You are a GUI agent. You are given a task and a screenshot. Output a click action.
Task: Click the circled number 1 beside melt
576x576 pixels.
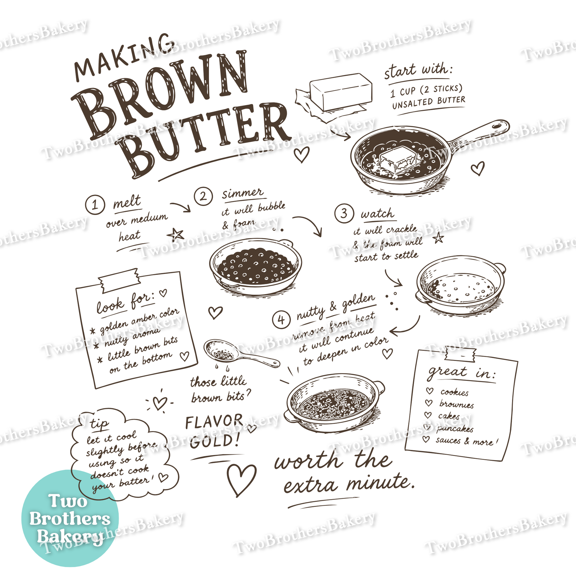[x=95, y=204]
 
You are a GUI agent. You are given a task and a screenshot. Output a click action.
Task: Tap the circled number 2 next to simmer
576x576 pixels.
[x=203, y=196]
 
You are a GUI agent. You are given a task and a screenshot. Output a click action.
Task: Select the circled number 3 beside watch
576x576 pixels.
[x=344, y=213]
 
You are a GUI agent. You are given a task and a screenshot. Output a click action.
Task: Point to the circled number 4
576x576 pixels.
[x=281, y=320]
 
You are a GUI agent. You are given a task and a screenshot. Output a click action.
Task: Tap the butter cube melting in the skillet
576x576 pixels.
[x=398, y=160]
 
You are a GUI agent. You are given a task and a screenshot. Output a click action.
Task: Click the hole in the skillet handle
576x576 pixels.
[x=497, y=125]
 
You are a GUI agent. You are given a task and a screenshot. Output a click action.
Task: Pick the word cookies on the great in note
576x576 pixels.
[x=454, y=392]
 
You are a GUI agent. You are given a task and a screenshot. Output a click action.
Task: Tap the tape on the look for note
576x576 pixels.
[x=119, y=281]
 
